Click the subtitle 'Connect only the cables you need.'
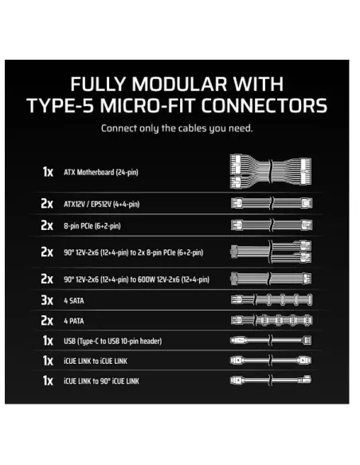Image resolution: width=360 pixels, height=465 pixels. [180, 127]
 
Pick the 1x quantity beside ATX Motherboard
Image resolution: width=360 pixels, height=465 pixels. [47, 172]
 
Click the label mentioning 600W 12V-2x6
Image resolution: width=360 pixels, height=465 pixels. [136, 279]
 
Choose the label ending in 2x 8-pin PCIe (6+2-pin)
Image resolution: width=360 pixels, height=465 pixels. [133, 252]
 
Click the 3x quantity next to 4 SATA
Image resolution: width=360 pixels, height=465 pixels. [47, 300]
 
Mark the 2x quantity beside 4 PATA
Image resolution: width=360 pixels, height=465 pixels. [47, 321]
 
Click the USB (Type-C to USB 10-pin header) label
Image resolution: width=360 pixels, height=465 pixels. [112, 341]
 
